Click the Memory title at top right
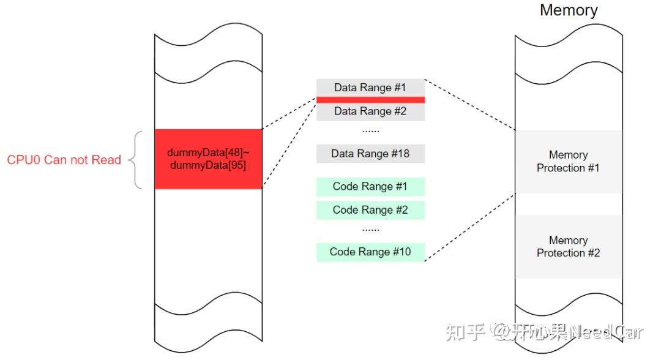568,10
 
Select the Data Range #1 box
370,88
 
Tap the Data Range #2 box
370,111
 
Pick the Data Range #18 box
370,154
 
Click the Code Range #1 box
370,187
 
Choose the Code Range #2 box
370,210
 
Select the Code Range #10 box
370,252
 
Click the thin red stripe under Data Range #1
370,100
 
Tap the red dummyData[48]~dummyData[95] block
208,159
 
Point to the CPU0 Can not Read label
64,160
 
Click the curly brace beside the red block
137,160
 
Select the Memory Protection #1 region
568,162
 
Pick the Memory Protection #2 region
568,247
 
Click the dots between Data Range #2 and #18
370,130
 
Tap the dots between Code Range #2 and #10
370,230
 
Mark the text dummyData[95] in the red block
207,165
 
